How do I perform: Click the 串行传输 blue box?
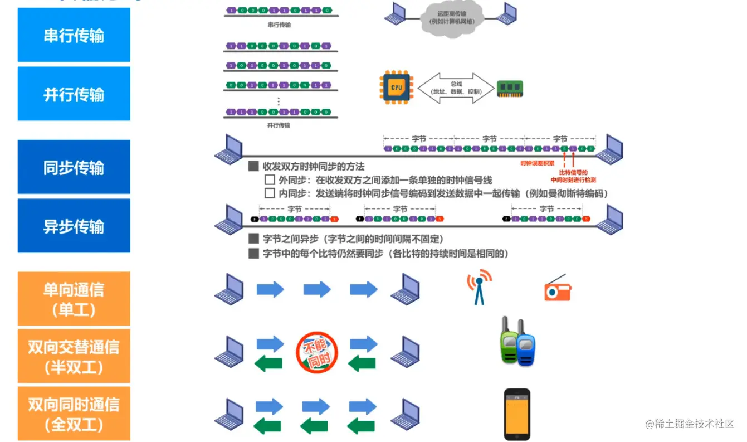(x=74, y=35)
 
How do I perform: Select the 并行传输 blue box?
(x=74, y=94)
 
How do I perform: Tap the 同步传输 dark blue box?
(x=74, y=167)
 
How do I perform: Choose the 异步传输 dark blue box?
(x=74, y=226)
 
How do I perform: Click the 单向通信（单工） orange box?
(x=74, y=299)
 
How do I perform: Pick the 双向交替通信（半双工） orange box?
(x=74, y=356)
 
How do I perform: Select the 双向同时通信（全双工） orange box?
(x=74, y=414)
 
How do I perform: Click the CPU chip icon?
(x=396, y=88)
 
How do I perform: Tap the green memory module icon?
(x=510, y=89)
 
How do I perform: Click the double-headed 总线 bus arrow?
(x=456, y=88)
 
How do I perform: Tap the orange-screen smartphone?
(x=517, y=414)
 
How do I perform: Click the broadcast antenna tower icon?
(x=479, y=286)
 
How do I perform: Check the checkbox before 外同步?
(x=270, y=180)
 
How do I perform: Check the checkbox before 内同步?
(x=270, y=193)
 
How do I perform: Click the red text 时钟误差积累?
(x=537, y=163)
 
